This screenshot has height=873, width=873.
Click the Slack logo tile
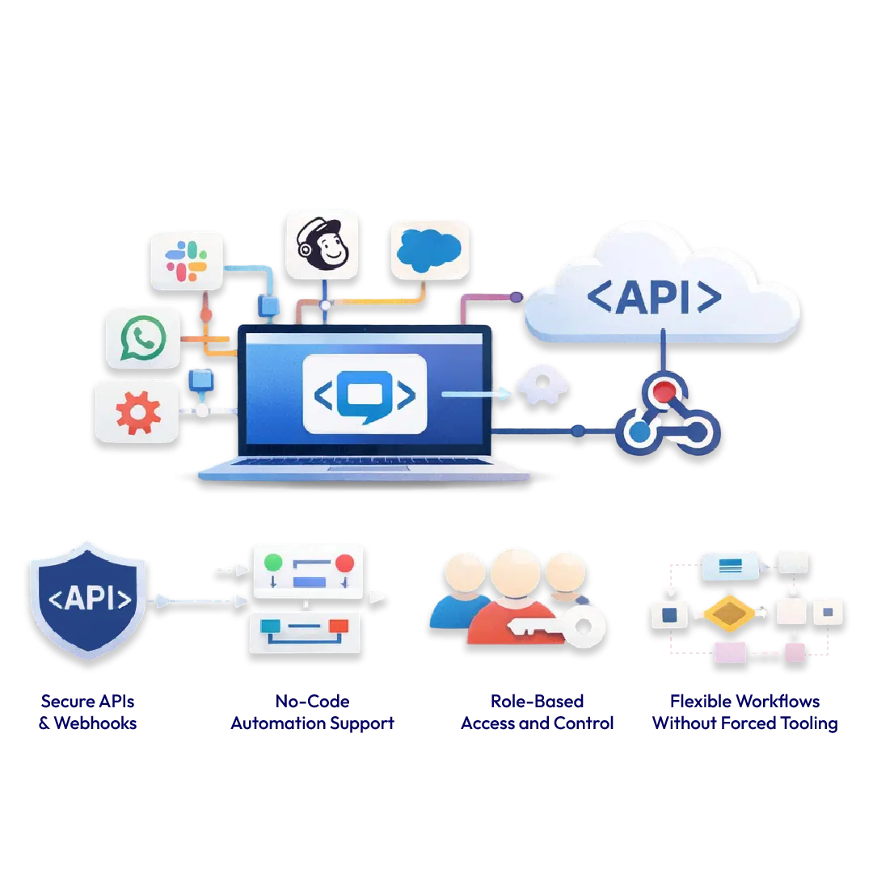click(187, 260)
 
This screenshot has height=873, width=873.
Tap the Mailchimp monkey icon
click(322, 246)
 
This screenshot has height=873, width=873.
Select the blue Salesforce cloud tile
click(429, 249)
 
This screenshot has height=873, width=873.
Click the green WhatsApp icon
click(143, 339)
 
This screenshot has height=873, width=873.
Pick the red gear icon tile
click(137, 411)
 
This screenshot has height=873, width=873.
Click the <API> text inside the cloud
click(654, 297)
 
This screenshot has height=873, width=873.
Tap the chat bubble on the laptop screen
click(364, 394)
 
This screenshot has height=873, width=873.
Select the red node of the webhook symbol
click(664, 392)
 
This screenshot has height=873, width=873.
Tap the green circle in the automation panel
click(273, 562)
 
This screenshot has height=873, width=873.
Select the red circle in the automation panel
click(345, 563)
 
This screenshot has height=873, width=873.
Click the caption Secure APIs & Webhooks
click(89, 711)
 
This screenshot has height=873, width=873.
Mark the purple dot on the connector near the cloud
click(517, 297)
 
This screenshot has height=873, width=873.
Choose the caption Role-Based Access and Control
click(538, 711)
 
